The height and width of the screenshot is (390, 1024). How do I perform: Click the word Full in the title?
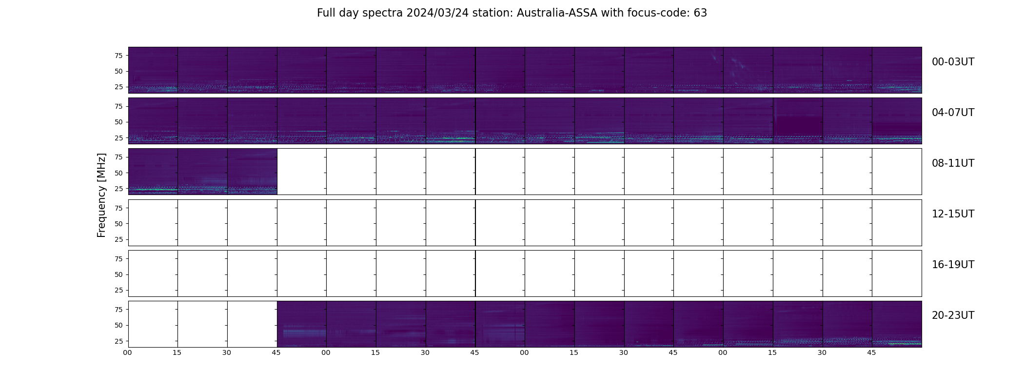coord(325,13)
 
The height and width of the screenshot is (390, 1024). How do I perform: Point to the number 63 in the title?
coord(700,13)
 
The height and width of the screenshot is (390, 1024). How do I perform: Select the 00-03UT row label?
coord(953,62)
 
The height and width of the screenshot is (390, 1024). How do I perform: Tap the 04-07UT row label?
coord(953,113)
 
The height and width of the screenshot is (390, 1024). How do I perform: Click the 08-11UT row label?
coord(953,163)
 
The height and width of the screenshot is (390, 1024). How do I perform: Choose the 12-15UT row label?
coord(953,214)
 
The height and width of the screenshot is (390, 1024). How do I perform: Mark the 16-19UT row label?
coord(953,265)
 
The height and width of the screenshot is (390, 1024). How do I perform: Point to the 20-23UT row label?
coord(953,315)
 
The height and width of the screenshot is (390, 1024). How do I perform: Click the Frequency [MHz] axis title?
coord(101,195)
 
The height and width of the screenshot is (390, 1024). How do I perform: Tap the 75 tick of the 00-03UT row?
coord(118,56)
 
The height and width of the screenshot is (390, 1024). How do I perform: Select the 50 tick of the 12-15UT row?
coord(118,224)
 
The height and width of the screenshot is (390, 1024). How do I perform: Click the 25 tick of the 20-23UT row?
coord(118,341)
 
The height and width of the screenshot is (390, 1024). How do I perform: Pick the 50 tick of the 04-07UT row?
coord(118,122)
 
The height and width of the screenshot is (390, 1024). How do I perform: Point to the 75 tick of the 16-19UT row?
coord(118,259)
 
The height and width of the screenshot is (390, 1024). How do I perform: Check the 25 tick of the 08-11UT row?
coord(118,189)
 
